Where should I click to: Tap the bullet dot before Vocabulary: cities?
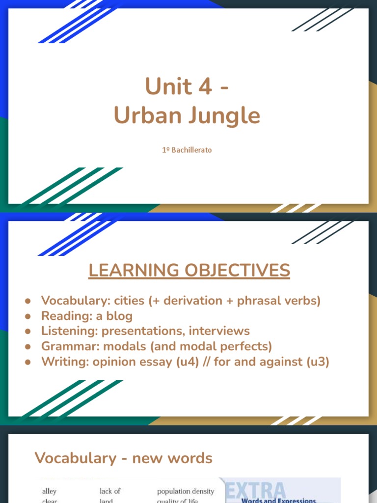pos(28,301)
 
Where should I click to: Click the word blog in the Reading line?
pos(118,316)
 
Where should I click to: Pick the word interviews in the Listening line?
pos(215,331)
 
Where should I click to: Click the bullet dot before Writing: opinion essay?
pos(28,362)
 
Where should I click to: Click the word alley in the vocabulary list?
pos(49,491)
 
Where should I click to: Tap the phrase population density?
pos(186,491)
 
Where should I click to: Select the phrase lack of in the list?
pos(110,491)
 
